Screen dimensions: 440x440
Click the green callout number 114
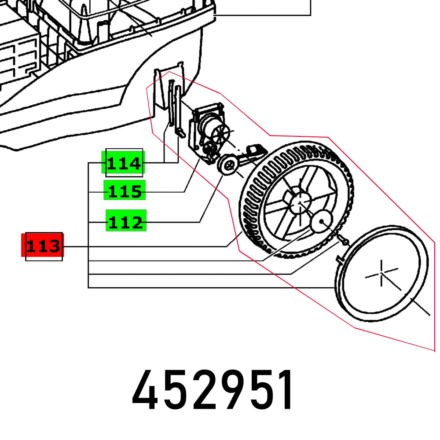[123, 164]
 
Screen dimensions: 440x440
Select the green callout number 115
[125, 192]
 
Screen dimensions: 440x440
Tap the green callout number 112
[125, 222]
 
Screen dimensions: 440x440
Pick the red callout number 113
[43, 246]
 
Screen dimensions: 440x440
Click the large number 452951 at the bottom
[213, 391]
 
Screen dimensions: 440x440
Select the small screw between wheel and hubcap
[344, 242]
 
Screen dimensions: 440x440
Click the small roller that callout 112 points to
[228, 165]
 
